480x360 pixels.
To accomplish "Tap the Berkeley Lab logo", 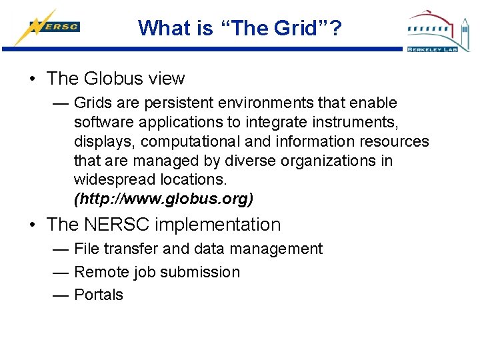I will (439, 31).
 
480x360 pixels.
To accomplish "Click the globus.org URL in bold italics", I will (164, 199).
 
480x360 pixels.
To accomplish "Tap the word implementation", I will (223, 225).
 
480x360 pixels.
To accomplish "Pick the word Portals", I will (99, 295).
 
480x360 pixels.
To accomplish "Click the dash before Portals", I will (61, 295).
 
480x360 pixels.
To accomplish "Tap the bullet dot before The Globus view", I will (33, 79).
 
